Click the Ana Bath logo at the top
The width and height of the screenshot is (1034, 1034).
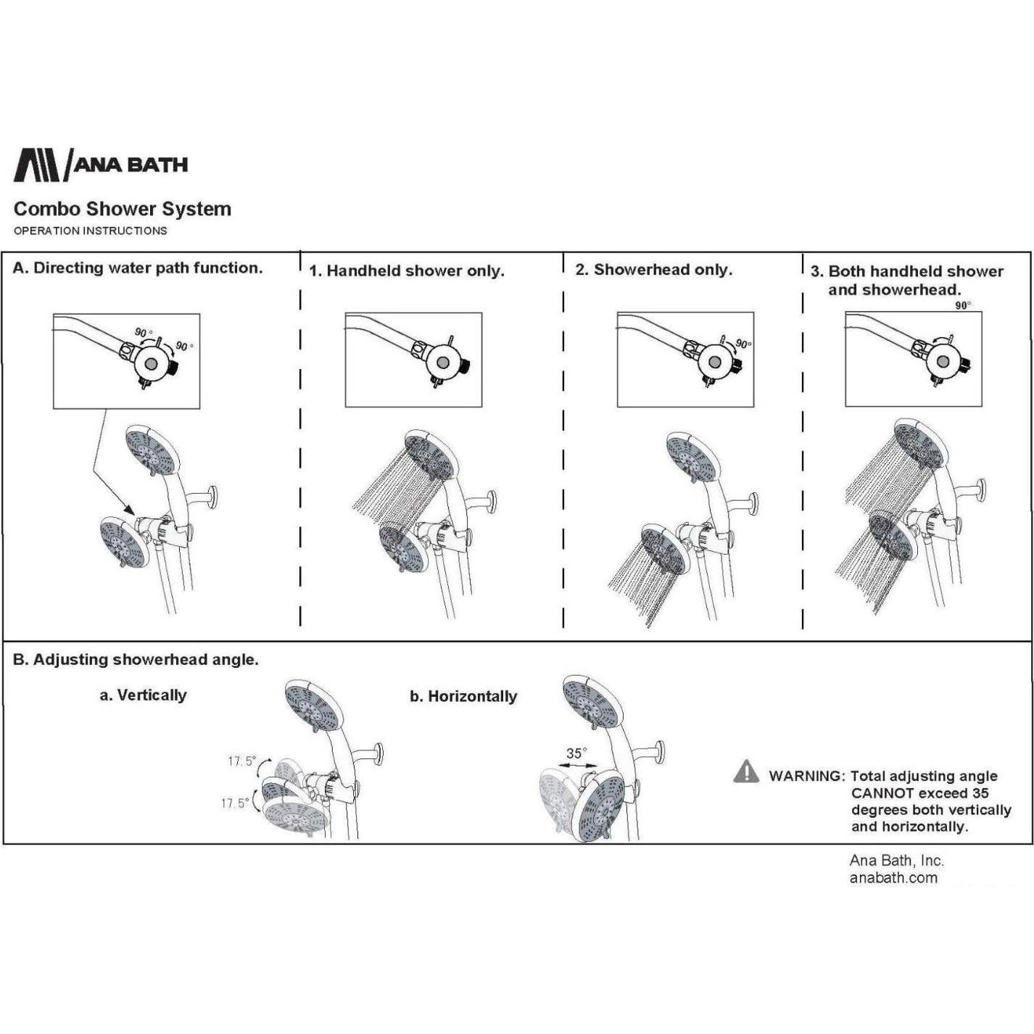click(x=101, y=165)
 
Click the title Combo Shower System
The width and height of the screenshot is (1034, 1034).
click(x=123, y=209)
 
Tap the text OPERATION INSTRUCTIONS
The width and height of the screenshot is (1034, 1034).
click(x=90, y=231)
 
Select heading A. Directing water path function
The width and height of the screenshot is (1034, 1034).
click(x=137, y=268)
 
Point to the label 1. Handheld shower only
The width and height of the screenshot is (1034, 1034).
click(x=407, y=271)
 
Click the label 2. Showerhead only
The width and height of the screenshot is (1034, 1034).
click(x=654, y=269)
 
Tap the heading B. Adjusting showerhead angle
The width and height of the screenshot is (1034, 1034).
click(x=136, y=659)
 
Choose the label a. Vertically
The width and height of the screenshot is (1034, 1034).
click(x=144, y=695)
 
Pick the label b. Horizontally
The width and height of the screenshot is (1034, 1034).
click(x=463, y=696)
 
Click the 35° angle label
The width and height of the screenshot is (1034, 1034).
click(x=577, y=753)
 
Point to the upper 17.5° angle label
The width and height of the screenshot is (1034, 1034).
click(x=242, y=761)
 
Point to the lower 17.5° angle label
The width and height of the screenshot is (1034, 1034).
click(x=235, y=803)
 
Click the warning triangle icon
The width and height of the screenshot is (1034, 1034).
click(x=746, y=771)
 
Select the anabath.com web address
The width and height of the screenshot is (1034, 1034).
click(x=893, y=878)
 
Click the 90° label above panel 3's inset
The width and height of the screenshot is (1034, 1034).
click(x=963, y=306)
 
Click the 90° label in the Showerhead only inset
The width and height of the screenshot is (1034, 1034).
click(x=743, y=344)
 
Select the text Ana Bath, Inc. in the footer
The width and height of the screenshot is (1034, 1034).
click(x=896, y=861)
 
